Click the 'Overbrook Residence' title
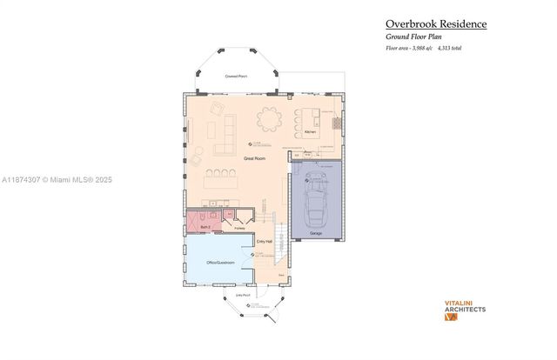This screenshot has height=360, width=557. (436, 23)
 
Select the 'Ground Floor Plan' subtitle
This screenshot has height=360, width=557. (417, 37)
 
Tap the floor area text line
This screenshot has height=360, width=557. (423, 48)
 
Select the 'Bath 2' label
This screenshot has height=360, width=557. (205, 226)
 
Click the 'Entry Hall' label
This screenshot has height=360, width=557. (265, 241)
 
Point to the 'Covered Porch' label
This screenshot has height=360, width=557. (235, 77)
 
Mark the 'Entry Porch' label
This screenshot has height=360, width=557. (244, 296)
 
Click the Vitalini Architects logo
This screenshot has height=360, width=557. (465, 310)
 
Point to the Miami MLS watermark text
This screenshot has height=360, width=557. (57, 180)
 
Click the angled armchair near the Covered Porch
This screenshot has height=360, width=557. (218, 107)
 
